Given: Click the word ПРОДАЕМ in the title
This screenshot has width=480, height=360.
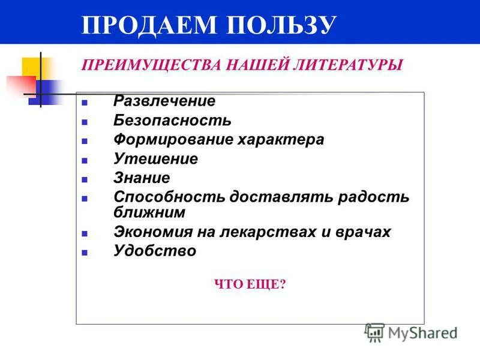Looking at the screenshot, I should (x=148, y=25).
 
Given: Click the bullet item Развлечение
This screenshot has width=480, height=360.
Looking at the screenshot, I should (x=164, y=101).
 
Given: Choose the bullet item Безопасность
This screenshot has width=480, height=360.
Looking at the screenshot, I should (x=172, y=121).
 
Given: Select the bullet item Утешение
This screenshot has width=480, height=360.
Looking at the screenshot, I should (x=155, y=159).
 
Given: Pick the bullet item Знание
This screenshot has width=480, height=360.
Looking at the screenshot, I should (x=142, y=178).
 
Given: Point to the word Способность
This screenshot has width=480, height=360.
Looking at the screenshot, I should (x=169, y=197).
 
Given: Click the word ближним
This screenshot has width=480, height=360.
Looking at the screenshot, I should (x=149, y=212).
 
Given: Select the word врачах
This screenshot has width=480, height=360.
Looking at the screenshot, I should (x=365, y=232).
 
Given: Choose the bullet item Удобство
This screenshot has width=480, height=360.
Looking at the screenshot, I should (x=155, y=251).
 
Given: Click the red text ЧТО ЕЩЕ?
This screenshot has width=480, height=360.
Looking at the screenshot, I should (x=250, y=284).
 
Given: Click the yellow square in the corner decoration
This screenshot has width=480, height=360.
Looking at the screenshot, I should (x=31, y=67).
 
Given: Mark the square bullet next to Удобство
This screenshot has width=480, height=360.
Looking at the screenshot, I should (x=85, y=253).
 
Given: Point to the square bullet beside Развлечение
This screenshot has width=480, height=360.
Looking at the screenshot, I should (x=85, y=103).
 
